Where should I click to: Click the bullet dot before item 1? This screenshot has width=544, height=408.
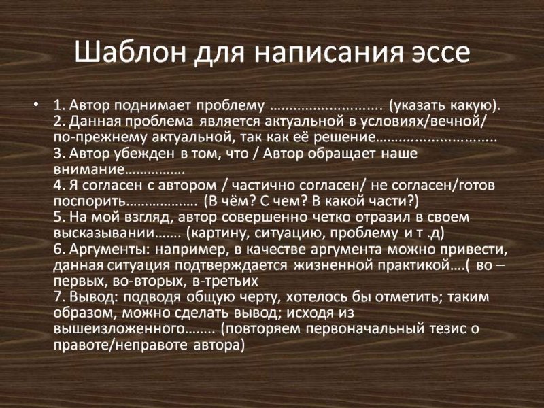point(35,106)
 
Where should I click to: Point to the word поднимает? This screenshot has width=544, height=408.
point(161,106)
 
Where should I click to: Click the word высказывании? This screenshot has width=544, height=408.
point(99,232)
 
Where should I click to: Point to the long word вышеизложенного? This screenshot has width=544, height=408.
point(117,328)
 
